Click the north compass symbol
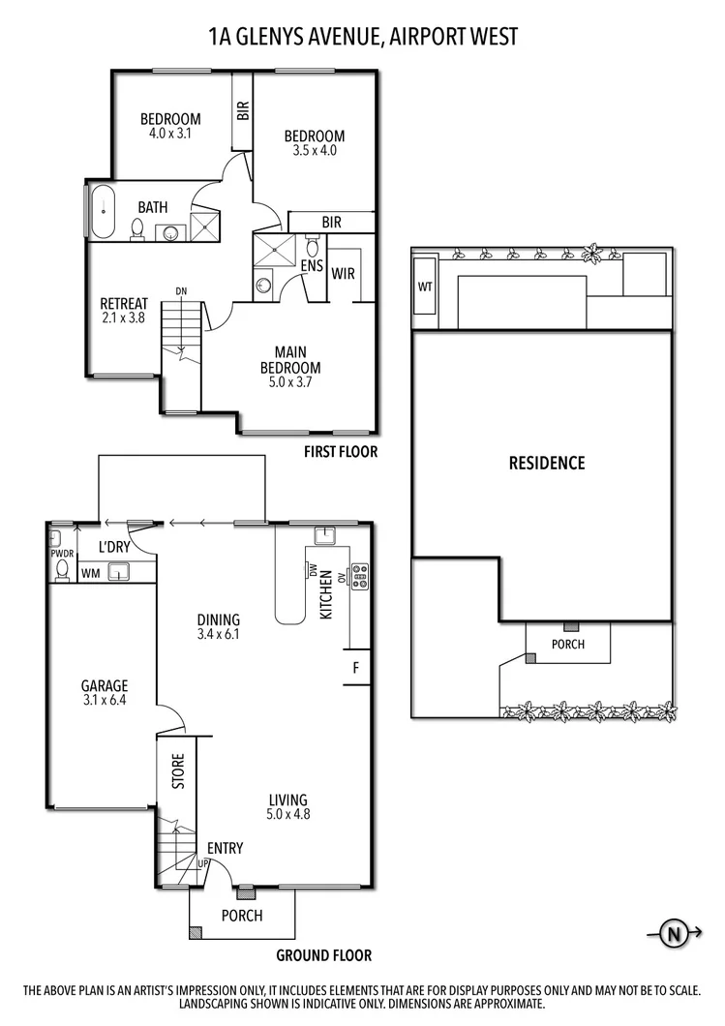click(671, 934)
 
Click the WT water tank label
click(425, 287)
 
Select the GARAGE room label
click(105, 685)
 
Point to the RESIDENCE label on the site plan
click(547, 463)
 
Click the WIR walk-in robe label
click(344, 274)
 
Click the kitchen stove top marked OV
click(360, 576)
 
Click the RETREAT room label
click(124, 303)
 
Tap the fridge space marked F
click(356, 667)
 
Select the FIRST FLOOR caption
click(340, 451)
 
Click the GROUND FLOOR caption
click(324, 955)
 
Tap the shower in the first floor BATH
click(205, 228)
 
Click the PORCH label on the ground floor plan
click(242, 916)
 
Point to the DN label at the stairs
click(181, 290)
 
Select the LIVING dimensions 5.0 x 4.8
click(288, 814)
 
